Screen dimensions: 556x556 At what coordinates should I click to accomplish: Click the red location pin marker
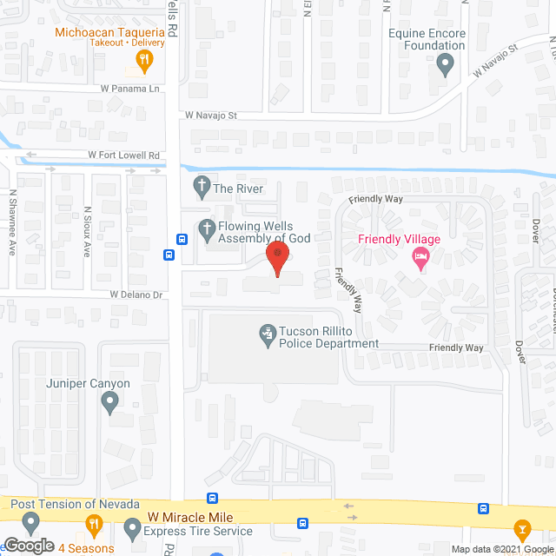coord(276,258)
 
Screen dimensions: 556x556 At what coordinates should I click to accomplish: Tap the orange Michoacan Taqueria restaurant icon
coord(145,59)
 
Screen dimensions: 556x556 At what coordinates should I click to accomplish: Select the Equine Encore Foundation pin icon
coord(445,63)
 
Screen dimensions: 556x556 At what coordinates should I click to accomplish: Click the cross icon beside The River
coord(202,186)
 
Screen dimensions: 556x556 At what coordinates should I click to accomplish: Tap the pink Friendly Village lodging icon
coord(420,256)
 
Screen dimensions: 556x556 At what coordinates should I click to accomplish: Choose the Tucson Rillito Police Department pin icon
coord(268,332)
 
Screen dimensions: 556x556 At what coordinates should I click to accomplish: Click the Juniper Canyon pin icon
coord(109,401)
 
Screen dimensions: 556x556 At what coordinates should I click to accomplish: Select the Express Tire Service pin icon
coord(132,526)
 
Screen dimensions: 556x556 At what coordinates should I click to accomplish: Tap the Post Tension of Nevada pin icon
coord(31,523)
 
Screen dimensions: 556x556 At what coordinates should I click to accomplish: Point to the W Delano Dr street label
coord(136,295)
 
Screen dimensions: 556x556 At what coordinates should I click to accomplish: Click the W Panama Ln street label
coord(131,89)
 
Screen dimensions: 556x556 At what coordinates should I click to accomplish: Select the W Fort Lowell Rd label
coord(124,156)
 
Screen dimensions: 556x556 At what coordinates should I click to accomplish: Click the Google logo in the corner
coord(28,546)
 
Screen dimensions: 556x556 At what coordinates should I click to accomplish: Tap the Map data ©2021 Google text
coord(500,548)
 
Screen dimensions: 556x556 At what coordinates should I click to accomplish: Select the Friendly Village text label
coord(400,239)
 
